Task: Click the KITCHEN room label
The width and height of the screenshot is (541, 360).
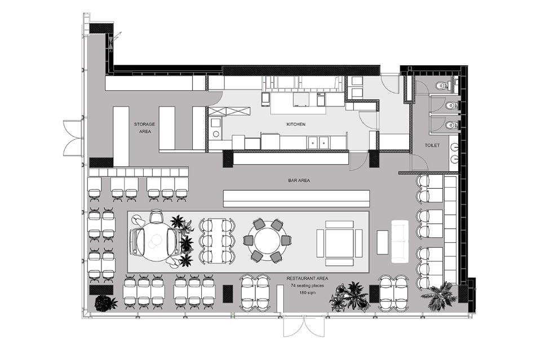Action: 296,124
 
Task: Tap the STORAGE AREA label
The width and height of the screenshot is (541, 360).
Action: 145,127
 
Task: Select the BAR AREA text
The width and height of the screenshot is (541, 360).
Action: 299,180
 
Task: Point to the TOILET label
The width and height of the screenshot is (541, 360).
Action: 432,145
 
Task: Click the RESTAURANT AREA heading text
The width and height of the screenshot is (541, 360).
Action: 308,278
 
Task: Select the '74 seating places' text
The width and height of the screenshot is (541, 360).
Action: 308,286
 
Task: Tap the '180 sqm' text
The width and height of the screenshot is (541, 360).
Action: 308,293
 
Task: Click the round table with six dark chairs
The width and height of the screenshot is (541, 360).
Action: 267,240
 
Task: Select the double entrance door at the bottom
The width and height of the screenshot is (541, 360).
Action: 304,326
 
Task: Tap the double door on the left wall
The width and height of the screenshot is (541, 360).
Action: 73,137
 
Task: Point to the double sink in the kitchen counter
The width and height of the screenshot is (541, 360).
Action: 318,142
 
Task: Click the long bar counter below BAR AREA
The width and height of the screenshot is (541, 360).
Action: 296,199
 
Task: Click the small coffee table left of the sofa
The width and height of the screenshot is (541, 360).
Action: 383,242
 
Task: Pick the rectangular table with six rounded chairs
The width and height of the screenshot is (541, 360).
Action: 217,240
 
